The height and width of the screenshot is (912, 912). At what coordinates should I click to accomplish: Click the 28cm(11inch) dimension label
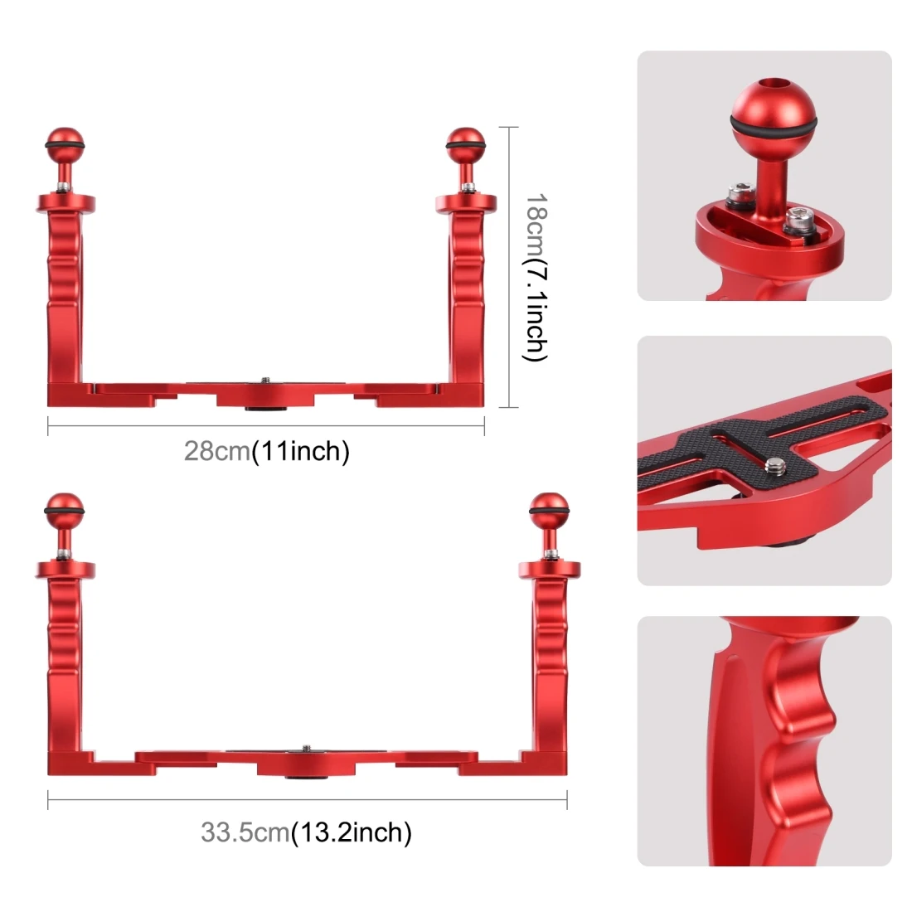[x=266, y=451]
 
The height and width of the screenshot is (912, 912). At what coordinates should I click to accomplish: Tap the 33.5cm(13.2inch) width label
[x=306, y=832]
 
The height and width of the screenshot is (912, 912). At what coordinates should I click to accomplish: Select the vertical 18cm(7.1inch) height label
[x=535, y=278]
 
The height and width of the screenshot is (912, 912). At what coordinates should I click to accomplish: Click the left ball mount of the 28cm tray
[x=65, y=143]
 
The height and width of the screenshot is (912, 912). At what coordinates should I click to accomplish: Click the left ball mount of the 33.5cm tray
[x=64, y=510]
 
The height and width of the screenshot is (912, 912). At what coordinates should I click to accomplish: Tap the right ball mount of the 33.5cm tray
[x=549, y=510]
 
